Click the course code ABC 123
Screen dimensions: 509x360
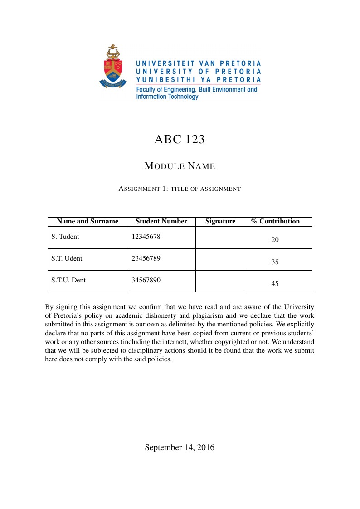180,139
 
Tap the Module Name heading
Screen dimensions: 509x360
180,166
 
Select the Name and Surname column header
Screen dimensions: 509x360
88,221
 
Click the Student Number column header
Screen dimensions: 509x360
161,221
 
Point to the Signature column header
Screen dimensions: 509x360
220,221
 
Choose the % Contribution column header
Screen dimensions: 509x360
276,221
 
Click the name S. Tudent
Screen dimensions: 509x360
65,237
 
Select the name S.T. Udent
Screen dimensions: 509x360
67,258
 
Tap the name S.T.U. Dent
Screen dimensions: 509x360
68,280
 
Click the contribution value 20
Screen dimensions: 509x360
275,240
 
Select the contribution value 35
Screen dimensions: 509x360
275,262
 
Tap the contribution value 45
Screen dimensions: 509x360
275,284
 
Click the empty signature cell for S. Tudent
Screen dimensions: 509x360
220,238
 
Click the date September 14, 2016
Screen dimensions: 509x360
180,447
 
